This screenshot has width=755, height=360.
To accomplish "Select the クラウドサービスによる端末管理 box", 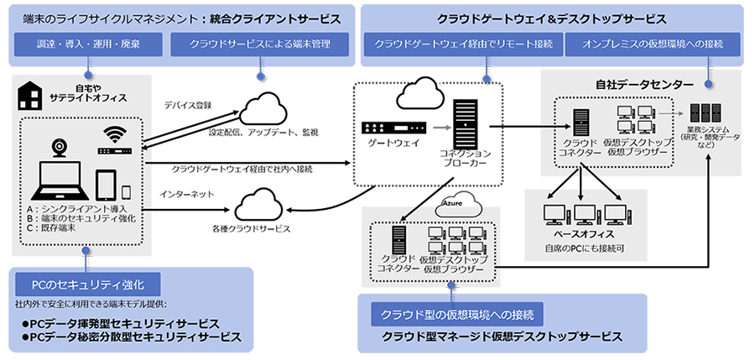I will coord(259,44).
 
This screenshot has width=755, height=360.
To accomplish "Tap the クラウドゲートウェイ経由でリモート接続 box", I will coord(463,44).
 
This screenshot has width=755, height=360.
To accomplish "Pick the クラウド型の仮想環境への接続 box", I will coord(456,314).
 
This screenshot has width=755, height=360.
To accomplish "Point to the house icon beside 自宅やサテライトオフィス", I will coord(29,97).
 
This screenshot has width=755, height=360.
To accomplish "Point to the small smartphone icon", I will coord(127,191).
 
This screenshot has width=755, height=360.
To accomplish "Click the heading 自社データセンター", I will coord(644,85).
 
